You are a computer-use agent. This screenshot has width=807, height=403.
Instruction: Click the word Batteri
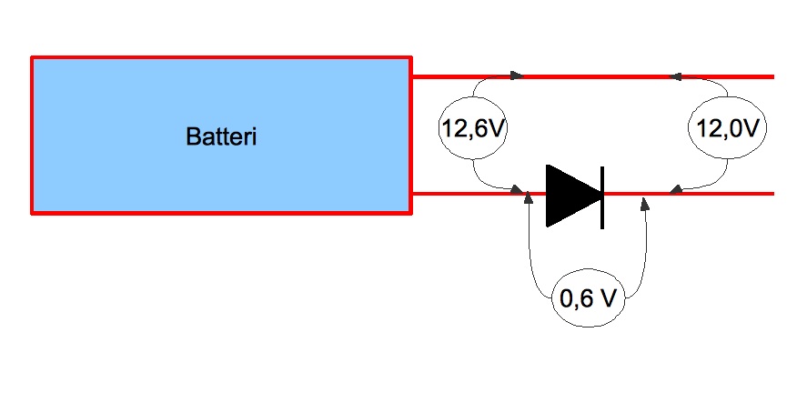[221, 137]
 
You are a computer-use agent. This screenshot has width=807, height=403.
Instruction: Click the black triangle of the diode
[570, 195]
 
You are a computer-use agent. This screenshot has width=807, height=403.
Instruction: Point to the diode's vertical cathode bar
[602, 195]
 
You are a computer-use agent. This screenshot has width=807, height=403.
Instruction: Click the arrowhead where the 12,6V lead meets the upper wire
[517, 76]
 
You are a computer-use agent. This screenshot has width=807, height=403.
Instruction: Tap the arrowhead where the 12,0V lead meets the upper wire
[676, 76]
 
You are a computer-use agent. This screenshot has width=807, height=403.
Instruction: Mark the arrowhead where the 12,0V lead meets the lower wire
[675, 190]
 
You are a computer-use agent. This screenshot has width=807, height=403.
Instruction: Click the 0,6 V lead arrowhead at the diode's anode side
[530, 201]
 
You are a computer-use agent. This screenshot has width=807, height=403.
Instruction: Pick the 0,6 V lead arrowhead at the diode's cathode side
[646, 204]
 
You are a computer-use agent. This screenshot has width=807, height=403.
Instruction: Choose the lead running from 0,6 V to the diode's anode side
[532, 264]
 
